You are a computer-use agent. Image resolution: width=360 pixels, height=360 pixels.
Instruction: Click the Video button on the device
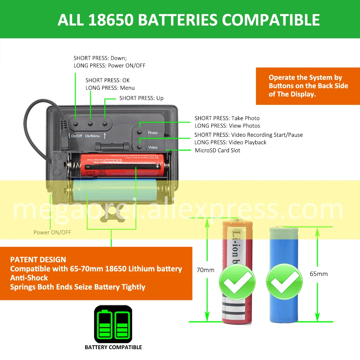[139, 147]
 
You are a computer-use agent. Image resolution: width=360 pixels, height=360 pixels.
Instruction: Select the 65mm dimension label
[319, 274]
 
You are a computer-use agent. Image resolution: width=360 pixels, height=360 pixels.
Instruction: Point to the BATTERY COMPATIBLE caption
[113, 347]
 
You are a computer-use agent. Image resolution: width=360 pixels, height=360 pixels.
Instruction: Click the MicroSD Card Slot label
[217, 150]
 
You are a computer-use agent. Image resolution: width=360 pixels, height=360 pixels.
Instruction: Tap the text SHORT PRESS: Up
[141, 98]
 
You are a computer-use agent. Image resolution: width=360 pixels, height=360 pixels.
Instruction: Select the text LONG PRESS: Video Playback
[230, 142]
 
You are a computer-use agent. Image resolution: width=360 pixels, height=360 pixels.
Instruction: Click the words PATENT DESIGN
[38, 260]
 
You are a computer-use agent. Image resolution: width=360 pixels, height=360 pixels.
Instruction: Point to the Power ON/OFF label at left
[52, 232]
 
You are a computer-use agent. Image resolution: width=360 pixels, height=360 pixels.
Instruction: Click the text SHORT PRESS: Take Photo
[227, 118]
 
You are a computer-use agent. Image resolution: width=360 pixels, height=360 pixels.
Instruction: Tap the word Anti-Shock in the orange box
[29, 278]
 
